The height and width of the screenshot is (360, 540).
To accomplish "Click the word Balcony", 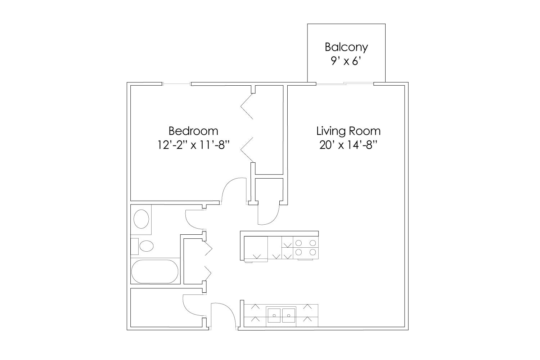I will pyautogui.click(x=346, y=47).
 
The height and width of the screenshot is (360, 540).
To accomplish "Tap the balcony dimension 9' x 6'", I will pyautogui.click(x=346, y=62).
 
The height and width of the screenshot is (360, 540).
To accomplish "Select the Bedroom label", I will pyautogui.click(x=193, y=130).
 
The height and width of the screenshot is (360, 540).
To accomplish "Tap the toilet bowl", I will pyautogui.click(x=146, y=246).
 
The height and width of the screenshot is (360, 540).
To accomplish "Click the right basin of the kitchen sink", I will pyautogui.click(x=289, y=315).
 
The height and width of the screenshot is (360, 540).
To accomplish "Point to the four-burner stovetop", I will pyautogui.click(x=306, y=247).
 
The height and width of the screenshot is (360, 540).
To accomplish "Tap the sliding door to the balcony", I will pyautogui.click(x=345, y=84).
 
